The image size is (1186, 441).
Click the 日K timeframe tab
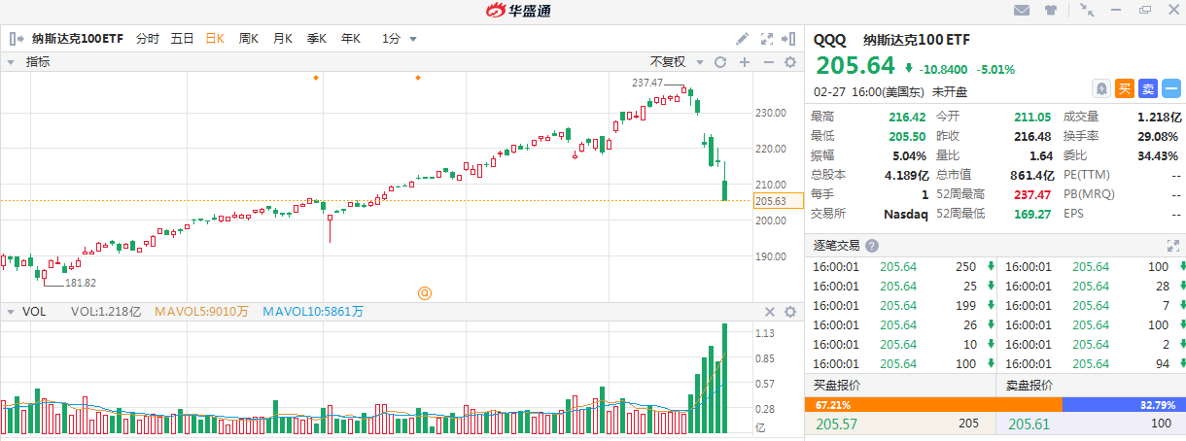[215, 39]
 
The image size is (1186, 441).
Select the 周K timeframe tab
[249, 39]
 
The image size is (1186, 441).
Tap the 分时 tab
[148, 39]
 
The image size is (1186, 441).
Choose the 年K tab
[351, 39]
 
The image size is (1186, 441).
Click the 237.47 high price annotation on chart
[646, 83]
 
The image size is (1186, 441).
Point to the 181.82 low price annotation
[81, 283]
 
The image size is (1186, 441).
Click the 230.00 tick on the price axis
[770, 113]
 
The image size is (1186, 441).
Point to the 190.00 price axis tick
[770, 256]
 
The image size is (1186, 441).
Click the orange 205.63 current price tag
[770, 201]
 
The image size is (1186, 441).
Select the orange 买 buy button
[1125, 88]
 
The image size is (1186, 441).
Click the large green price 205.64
[855, 66]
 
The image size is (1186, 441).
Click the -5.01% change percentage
[995, 69]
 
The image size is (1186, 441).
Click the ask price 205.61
[1029, 424]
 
